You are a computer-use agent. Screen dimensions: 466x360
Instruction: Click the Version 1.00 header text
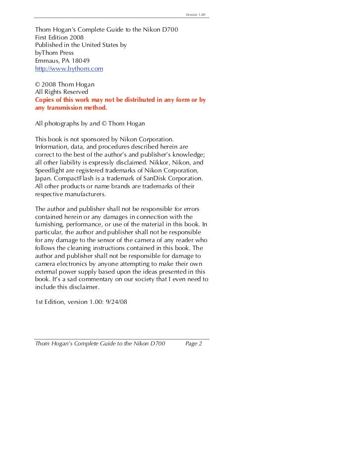(x=195, y=14)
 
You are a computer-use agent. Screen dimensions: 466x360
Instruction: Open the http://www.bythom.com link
(x=69, y=68)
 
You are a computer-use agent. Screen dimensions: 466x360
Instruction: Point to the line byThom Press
(x=54, y=52)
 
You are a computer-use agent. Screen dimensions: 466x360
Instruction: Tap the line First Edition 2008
(x=59, y=37)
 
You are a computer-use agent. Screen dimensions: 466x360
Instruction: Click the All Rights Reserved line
(x=62, y=92)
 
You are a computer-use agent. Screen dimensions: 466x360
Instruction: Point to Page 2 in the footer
(x=193, y=344)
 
